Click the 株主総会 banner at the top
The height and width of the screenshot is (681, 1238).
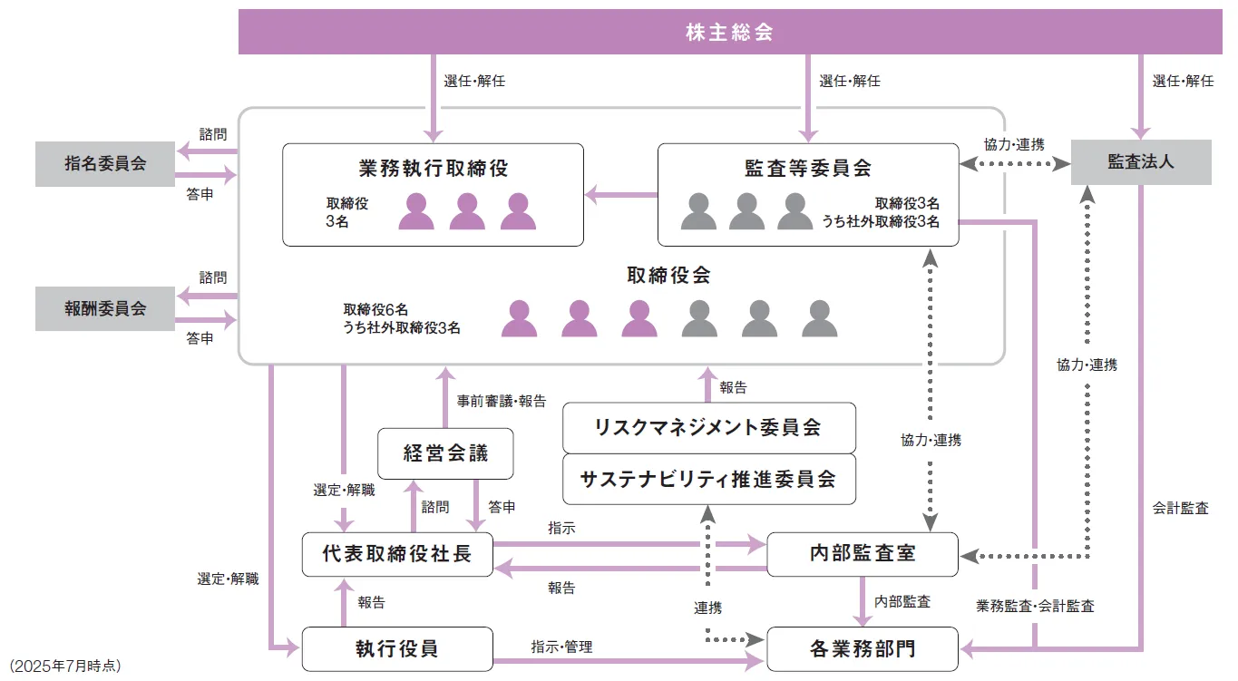(x=729, y=33)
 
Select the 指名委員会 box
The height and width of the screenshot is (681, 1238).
(x=105, y=163)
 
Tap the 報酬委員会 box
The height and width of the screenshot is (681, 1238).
(x=105, y=308)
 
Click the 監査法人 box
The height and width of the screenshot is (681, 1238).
(x=1141, y=162)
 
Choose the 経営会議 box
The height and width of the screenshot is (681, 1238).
(x=445, y=453)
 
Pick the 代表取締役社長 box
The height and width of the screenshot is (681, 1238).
(x=397, y=554)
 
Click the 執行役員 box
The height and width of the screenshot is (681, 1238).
(x=397, y=648)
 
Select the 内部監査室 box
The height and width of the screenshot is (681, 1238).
(x=862, y=554)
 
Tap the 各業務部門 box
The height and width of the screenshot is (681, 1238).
(x=862, y=648)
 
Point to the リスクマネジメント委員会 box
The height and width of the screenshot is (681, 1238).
(x=708, y=428)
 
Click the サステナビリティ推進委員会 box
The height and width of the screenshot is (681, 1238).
(x=708, y=479)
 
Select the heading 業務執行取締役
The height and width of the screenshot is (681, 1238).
(x=433, y=168)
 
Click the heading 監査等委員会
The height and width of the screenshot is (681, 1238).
(x=807, y=168)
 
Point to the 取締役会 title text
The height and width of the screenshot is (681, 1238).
(x=668, y=276)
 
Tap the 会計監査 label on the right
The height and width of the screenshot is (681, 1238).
(x=1181, y=508)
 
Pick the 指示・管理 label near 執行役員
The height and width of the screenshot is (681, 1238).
(x=561, y=647)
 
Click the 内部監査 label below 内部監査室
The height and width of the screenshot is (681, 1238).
(x=902, y=601)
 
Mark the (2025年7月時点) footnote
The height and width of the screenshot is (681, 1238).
(x=63, y=666)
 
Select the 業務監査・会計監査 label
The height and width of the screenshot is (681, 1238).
(x=1035, y=606)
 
